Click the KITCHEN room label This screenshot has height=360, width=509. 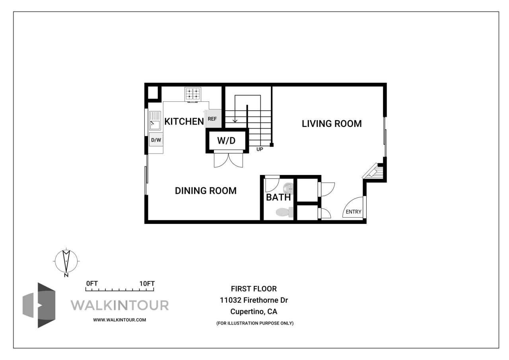click(184, 121)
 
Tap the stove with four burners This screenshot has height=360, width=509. click(193, 94)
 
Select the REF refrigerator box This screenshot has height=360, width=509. click(212, 119)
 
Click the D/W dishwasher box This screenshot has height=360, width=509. click(156, 140)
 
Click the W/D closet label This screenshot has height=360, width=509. click(226, 140)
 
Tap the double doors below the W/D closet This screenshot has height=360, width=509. click(228, 160)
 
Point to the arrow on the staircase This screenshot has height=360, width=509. click(235, 119)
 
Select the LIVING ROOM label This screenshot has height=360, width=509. click(332, 124)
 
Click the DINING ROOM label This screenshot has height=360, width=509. click(206, 191)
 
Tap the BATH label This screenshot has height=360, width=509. click(278, 197)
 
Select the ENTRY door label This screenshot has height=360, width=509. click(354, 212)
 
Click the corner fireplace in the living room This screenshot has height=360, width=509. click(374, 172)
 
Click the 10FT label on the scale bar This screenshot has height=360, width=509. click(147, 284)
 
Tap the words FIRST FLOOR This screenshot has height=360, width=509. click(254, 289)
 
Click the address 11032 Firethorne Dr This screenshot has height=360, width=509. click(254, 300)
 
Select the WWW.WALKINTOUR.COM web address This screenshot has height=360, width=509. click(120, 320)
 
